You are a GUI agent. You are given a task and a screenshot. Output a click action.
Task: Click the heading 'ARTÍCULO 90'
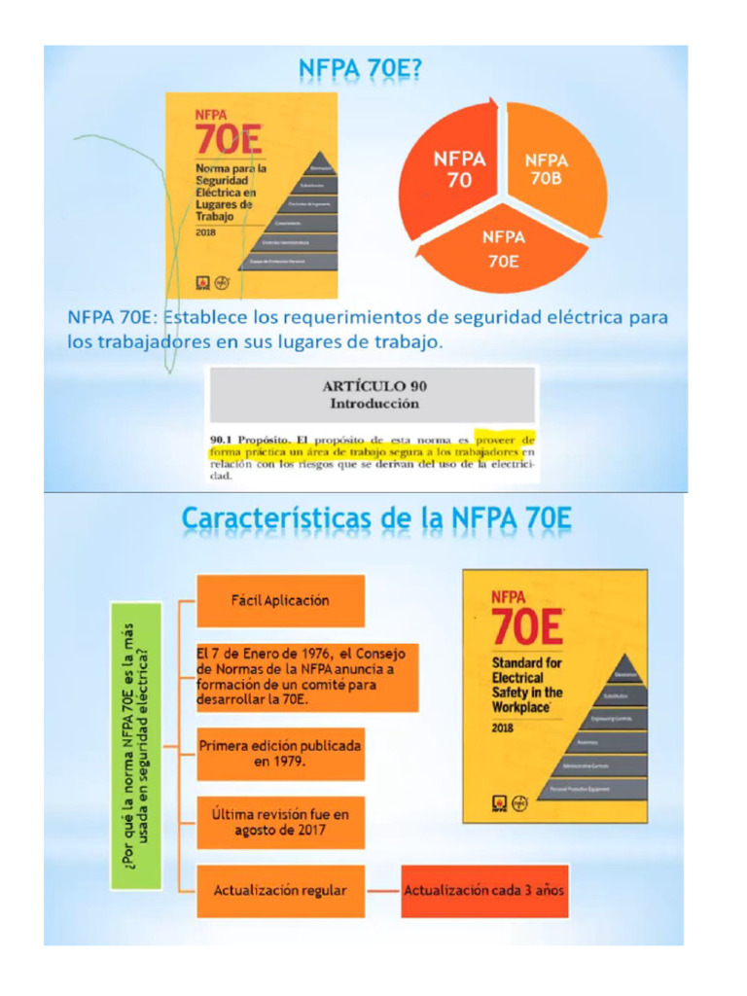click(373, 386)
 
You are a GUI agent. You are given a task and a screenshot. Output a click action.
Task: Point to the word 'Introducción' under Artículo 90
click(373, 403)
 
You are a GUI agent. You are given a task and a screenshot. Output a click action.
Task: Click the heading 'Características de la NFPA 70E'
click(376, 519)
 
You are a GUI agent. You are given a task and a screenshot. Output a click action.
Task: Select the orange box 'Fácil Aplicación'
click(280, 600)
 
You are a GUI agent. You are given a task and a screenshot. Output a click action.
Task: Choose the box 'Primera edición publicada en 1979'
click(280, 753)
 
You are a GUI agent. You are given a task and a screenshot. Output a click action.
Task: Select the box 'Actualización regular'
click(280, 890)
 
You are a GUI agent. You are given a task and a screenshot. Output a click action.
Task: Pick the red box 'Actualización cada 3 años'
click(483, 890)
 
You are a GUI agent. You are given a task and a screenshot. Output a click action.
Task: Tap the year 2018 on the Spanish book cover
click(206, 232)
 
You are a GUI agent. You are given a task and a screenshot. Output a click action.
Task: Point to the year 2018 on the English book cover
click(503, 728)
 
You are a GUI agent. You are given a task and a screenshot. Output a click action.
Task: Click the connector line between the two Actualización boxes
click(383, 890)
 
